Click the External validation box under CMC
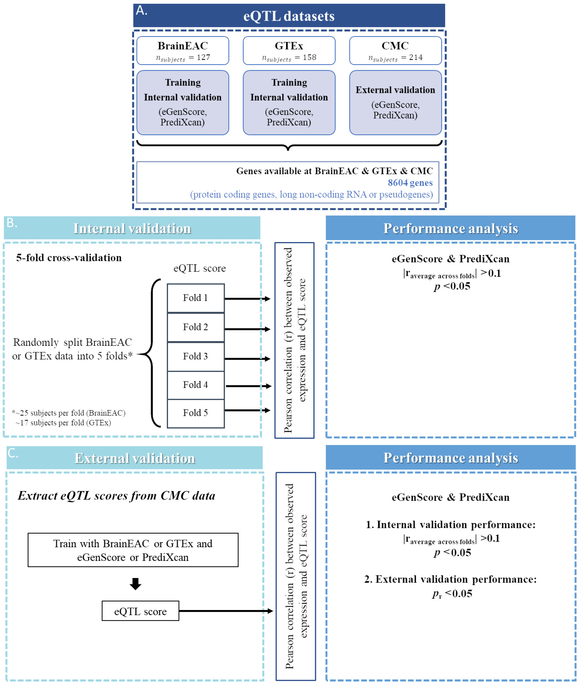click(x=395, y=103)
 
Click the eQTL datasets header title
click(x=289, y=16)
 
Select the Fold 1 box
click(x=196, y=298)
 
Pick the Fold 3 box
click(x=196, y=357)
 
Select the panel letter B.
click(x=12, y=223)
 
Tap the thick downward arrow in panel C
click(x=135, y=584)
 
